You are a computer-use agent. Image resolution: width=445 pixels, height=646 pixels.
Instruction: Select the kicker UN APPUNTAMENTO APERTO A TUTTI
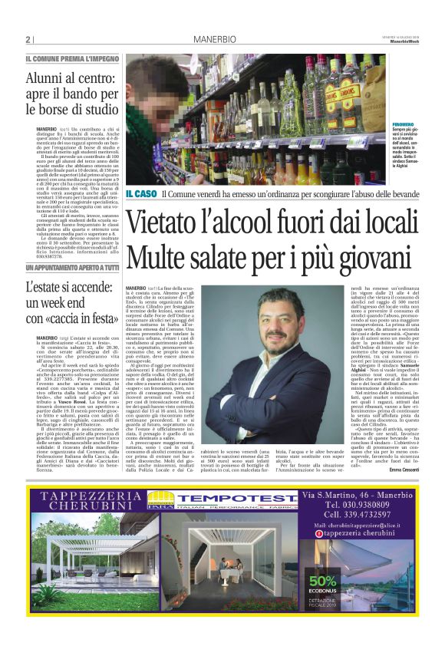click(72, 267)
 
